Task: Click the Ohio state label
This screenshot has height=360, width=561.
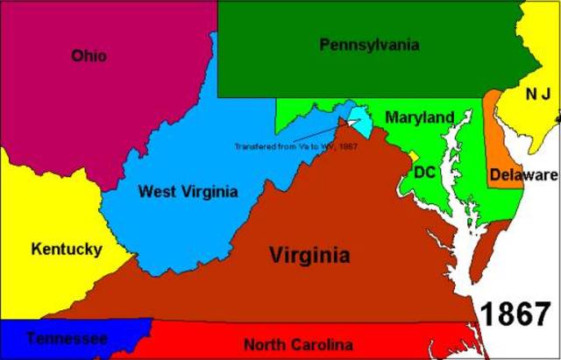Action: pyautogui.click(x=89, y=56)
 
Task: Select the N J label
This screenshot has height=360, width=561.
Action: pyautogui.click(x=536, y=94)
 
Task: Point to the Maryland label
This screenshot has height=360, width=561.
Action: pyautogui.click(x=420, y=117)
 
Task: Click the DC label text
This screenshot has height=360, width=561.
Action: pyautogui.click(x=425, y=172)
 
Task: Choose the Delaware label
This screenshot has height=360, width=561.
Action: pyautogui.click(x=523, y=174)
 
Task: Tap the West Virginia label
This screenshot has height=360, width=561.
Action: pyautogui.click(x=188, y=191)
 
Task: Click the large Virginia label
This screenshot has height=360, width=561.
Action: pyautogui.click(x=309, y=256)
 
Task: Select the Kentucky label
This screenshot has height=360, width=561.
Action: pyautogui.click(x=66, y=249)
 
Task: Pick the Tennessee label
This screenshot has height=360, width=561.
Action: pyautogui.click(x=67, y=338)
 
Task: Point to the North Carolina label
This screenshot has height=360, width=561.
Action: pyautogui.click(x=298, y=344)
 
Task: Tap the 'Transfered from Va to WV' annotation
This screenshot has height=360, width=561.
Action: pyautogui.click(x=295, y=145)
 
